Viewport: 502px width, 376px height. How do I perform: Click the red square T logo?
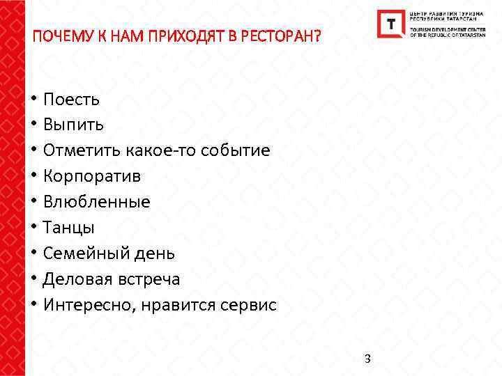point(390,24)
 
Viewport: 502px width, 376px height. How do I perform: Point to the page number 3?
point(367,359)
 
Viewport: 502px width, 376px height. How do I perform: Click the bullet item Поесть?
point(71,100)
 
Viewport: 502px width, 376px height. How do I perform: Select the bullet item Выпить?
point(73,125)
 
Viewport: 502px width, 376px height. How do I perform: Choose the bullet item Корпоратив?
point(91,176)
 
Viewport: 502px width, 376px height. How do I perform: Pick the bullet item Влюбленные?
point(96,202)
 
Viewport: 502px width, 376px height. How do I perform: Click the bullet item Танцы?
point(68,228)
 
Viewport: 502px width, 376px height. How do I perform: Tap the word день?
point(155,253)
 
